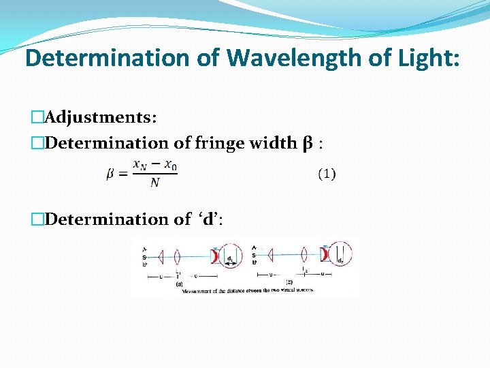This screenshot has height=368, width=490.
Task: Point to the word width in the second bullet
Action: coord(269,143)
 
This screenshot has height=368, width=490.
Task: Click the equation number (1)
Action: coord(327,174)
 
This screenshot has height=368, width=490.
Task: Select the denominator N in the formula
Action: coord(154,183)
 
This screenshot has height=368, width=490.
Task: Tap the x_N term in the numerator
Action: coord(140,165)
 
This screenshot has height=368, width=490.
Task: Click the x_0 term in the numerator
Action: coord(171,165)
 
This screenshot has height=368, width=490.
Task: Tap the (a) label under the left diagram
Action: coord(179,284)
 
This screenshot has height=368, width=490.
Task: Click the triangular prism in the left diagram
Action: coord(161,257)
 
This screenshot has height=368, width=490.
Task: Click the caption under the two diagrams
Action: coord(246,291)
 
